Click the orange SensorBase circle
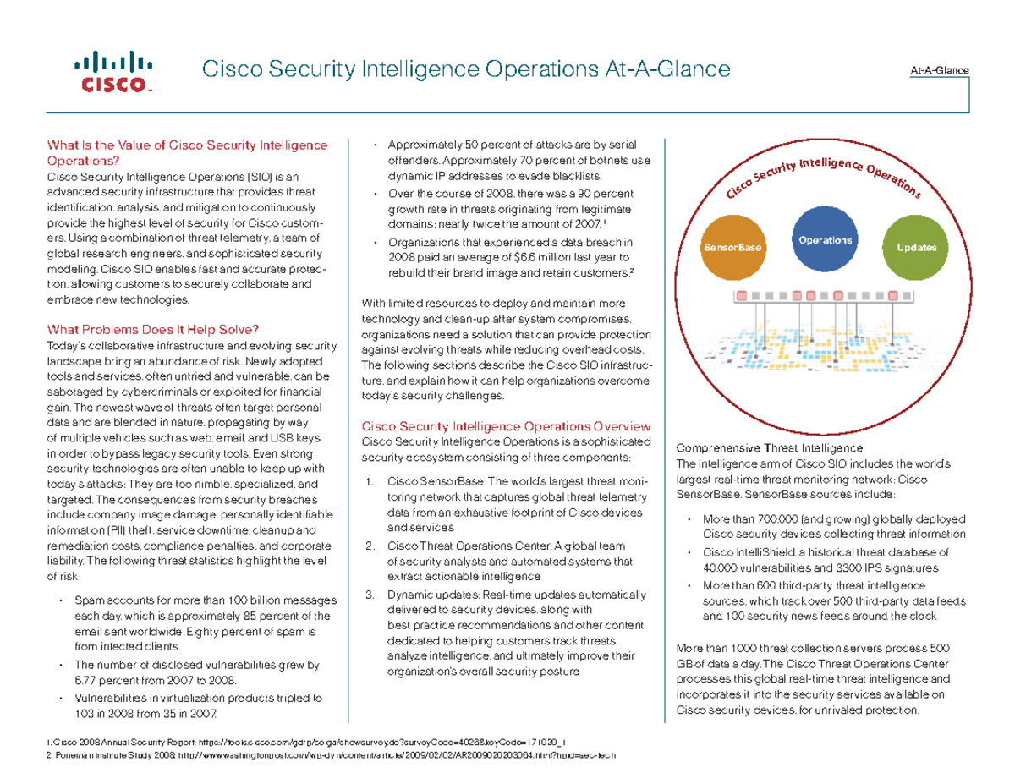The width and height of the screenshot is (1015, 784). [x=732, y=248]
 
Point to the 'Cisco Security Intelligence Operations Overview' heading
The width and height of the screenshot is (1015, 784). [x=506, y=426]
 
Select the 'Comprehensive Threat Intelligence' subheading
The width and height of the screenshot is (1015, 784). [x=767, y=447]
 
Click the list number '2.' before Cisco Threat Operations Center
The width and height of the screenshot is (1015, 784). [x=370, y=545]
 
